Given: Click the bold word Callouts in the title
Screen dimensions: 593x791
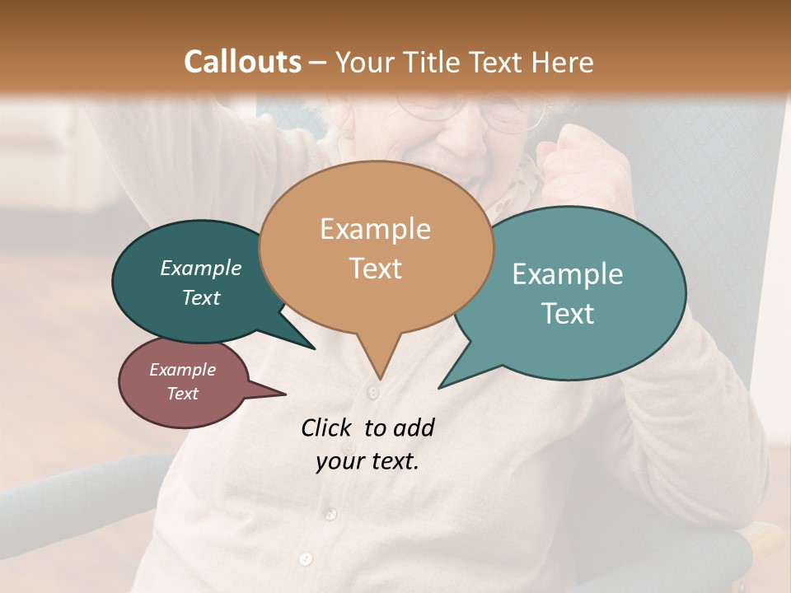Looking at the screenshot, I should [242, 62].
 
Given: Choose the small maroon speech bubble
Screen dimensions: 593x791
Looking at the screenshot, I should [183, 381].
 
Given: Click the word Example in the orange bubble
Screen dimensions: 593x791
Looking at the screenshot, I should [375, 229].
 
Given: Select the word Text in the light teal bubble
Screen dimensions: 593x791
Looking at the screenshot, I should [569, 314].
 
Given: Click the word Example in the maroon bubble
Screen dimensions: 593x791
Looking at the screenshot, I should [183, 370].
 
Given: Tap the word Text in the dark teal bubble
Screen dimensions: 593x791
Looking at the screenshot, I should [201, 298].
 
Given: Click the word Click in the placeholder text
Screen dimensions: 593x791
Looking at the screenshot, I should [327, 427].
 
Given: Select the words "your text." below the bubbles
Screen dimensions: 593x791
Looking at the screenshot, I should [367, 461].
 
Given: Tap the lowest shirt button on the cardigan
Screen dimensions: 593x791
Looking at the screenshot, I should [306, 559].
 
